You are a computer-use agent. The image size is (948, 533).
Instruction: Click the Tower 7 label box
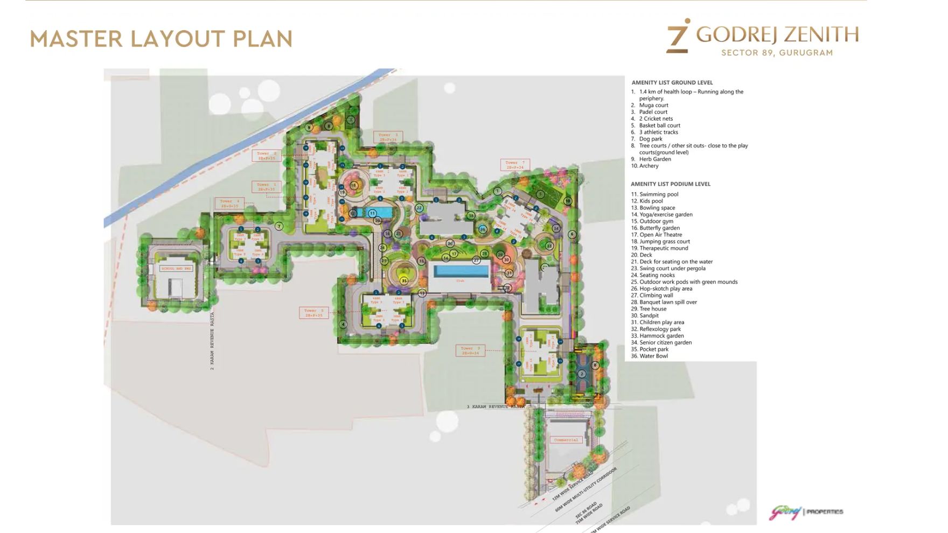515,165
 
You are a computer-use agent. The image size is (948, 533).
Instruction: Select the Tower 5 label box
313,313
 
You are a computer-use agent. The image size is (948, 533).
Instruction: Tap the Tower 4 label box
229,204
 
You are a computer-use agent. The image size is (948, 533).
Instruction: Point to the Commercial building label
566,440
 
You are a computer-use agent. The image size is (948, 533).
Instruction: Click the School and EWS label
176,268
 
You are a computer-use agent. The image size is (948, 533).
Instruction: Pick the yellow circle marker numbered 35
404,280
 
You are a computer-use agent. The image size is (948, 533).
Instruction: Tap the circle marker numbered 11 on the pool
372,213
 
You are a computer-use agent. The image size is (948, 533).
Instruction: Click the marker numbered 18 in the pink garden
353,185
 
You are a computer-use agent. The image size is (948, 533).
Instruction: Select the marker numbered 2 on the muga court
582,374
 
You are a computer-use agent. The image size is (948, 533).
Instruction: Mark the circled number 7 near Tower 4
279,226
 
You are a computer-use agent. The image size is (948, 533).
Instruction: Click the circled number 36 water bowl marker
483,229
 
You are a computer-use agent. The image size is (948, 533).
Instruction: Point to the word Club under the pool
461,281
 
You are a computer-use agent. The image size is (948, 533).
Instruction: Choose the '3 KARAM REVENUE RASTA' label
496,406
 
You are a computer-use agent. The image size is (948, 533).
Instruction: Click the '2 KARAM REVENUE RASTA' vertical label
212,341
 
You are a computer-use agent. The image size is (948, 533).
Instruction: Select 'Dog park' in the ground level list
651,139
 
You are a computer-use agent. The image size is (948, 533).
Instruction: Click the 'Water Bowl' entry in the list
653,356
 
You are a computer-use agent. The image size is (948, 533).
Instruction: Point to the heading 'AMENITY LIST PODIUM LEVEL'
671,184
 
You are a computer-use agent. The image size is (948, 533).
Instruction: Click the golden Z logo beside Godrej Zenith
678,37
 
